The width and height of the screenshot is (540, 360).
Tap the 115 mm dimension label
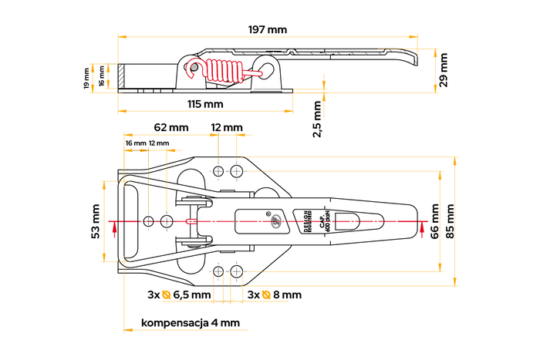click(205, 103)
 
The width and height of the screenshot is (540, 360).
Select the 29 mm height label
click(443, 70)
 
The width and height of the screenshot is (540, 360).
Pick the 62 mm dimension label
click(171, 126)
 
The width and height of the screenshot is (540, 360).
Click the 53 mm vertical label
click(96, 221)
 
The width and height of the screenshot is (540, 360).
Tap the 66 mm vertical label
click(435, 221)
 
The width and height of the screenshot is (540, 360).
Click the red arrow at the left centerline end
click(113, 227)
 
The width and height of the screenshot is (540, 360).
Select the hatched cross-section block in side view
click(123, 78)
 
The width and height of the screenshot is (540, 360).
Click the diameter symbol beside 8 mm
click(266, 294)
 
